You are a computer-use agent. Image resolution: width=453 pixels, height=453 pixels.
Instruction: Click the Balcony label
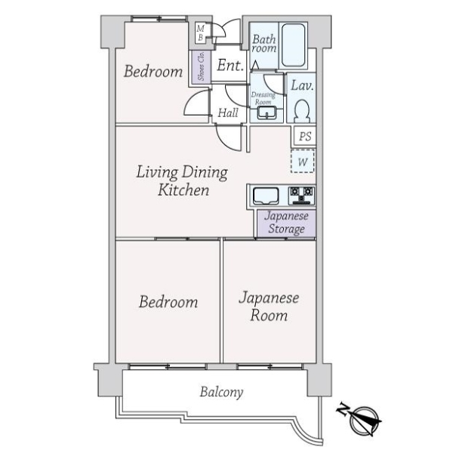[x=221, y=392]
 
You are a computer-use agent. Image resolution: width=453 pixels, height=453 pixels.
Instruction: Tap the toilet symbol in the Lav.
[x=302, y=111]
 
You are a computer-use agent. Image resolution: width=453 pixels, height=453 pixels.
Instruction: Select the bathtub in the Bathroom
[x=293, y=45]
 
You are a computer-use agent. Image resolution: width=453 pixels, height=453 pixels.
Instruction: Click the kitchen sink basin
[x=266, y=196]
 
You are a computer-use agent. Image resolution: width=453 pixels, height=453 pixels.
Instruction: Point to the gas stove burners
[x=301, y=196]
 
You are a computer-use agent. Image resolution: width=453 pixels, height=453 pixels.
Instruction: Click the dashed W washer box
[x=303, y=162]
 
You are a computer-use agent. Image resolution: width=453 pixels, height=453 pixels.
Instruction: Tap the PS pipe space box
[x=305, y=136]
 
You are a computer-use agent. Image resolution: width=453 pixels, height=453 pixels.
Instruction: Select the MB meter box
[x=201, y=33]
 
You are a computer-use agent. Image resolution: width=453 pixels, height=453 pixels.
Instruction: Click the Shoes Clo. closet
[x=201, y=66]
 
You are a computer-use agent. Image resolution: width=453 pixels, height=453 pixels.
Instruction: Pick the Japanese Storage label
[x=286, y=223]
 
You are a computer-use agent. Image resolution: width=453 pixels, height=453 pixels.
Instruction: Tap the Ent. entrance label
[x=230, y=65]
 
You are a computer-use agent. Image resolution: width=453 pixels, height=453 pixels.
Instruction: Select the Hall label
[x=228, y=112]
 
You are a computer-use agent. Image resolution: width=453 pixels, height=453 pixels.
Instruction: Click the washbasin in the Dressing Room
[x=267, y=112]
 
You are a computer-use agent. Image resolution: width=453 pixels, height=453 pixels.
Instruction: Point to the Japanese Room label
[x=269, y=307]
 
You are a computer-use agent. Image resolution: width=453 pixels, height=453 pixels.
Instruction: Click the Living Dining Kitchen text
[x=182, y=181]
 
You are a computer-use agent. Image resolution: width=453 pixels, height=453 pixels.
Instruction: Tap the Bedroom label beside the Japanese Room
[x=168, y=302]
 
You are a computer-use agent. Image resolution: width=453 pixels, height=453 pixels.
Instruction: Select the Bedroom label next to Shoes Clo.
[x=153, y=72]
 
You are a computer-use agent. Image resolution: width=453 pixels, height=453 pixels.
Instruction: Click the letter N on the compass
[x=343, y=408]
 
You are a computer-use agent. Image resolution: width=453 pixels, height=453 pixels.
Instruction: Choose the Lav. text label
[x=302, y=85]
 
